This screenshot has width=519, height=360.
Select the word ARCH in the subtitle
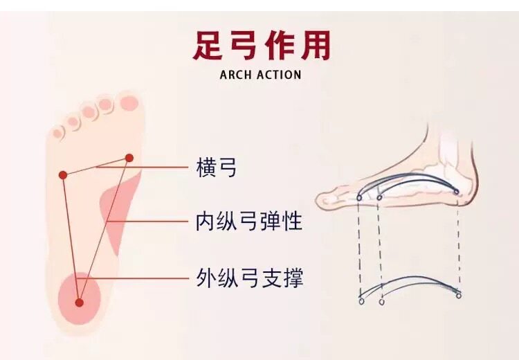237,74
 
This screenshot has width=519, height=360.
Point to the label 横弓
216,167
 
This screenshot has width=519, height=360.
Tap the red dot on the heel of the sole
80,303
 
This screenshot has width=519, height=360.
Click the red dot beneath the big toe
129,158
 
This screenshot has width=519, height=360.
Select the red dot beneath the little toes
63,175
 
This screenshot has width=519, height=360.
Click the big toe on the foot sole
128,103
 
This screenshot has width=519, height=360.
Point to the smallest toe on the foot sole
58,131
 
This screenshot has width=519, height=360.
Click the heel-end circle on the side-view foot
456,192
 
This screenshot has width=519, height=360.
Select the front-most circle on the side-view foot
359,197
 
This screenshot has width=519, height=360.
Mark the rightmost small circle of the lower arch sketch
458,296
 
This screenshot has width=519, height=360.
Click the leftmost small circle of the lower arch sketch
361,302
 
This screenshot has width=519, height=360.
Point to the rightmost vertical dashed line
458,242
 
